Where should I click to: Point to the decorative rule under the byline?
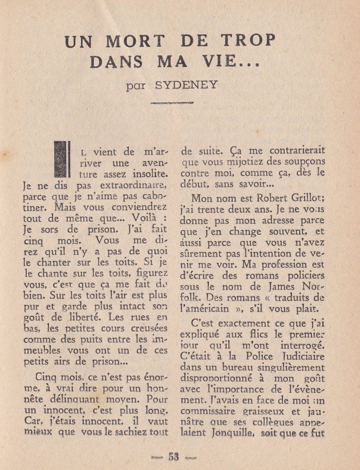[x=172, y=103]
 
